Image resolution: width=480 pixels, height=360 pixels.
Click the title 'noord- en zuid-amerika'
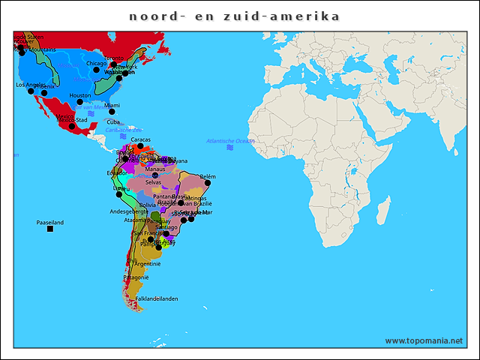pyautogui.click(x=234, y=16)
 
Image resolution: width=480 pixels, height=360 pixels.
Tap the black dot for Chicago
pyautogui.click(x=96, y=70)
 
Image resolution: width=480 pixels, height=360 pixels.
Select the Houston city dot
pyautogui.click(x=79, y=102)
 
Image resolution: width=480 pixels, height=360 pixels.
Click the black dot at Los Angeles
pyautogui.click(x=32, y=91)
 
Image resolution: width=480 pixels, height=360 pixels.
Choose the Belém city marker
pyautogui.click(x=208, y=182)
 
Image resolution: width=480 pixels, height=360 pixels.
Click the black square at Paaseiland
pyautogui.click(x=50, y=229)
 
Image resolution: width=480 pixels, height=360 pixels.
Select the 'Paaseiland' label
pyautogui.click(x=50, y=222)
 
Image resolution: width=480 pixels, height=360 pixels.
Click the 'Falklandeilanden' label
pyautogui.click(x=157, y=298)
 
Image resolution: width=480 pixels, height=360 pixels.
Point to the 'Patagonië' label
pyautogui.click(x=137, y=277)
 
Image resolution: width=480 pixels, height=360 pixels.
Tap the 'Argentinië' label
pyautogui.click(x=148, y=264)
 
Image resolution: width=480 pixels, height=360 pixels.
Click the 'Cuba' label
pyautogui.click(x=113, y=122)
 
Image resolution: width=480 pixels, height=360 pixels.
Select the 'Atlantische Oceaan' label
pyautogui.click(x=230, y=141)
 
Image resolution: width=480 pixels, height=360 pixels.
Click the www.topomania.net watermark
pyautogui.click(x=424, y=340)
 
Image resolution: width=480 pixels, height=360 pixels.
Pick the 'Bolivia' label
pyautogui.click(x=148, y=205)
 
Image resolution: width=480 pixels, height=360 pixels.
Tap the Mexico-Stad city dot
pyautogui.click(x=72, y=126)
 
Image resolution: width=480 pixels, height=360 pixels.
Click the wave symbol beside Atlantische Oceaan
pyautogui.click(x=230, y=148)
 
